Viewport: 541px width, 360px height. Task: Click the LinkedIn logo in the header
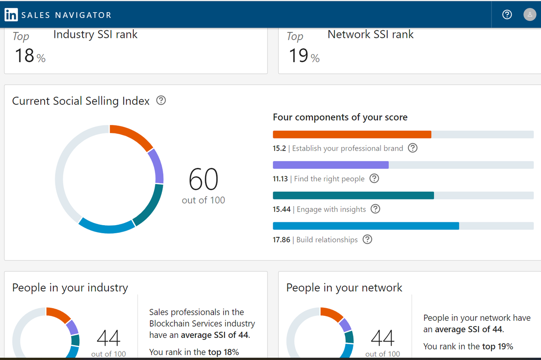11,15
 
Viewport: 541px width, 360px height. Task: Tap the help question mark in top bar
507,15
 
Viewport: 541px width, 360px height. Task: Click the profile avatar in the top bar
529,15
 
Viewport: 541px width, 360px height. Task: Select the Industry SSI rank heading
95,35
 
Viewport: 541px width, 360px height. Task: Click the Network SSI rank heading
370,35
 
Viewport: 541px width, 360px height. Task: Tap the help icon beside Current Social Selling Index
160,101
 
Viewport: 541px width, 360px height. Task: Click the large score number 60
203,179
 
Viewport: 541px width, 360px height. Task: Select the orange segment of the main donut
133,136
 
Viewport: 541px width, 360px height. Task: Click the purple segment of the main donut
157,165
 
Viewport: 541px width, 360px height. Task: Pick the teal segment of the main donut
149,206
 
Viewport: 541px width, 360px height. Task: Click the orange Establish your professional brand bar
352,134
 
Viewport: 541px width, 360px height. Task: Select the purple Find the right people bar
330,165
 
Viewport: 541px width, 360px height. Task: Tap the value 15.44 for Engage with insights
281,209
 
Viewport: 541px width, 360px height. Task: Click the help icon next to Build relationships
367,240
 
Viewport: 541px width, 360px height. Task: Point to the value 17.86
281,240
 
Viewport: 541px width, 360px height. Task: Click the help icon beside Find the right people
374,179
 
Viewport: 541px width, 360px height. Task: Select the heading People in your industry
70,288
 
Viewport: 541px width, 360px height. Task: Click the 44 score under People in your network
383,337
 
